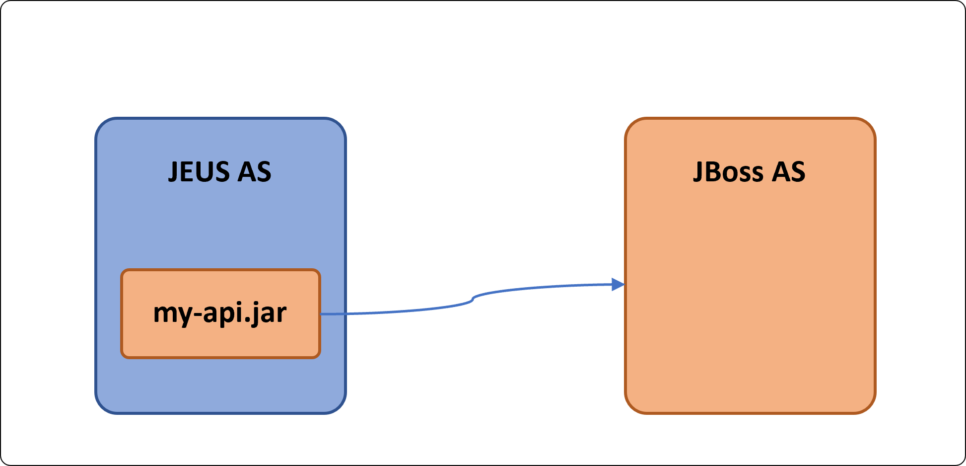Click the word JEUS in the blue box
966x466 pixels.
tap(199, 172)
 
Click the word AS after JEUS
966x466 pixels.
tap(255, 172)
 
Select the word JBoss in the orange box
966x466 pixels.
tap(728, 172)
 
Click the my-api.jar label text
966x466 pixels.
tap(220, 313)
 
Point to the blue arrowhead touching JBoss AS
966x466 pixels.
tap(618, 285)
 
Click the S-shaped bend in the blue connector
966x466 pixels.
tap(472, 300)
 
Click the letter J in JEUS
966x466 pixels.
tap(173, 172)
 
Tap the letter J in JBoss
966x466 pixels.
tap(698, 172)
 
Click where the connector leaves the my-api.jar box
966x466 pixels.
tap(321, 314)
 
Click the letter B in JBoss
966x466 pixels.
tap(711, 172)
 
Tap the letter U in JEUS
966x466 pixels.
tap(206, 172)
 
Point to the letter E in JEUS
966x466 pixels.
tap(189, 172)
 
